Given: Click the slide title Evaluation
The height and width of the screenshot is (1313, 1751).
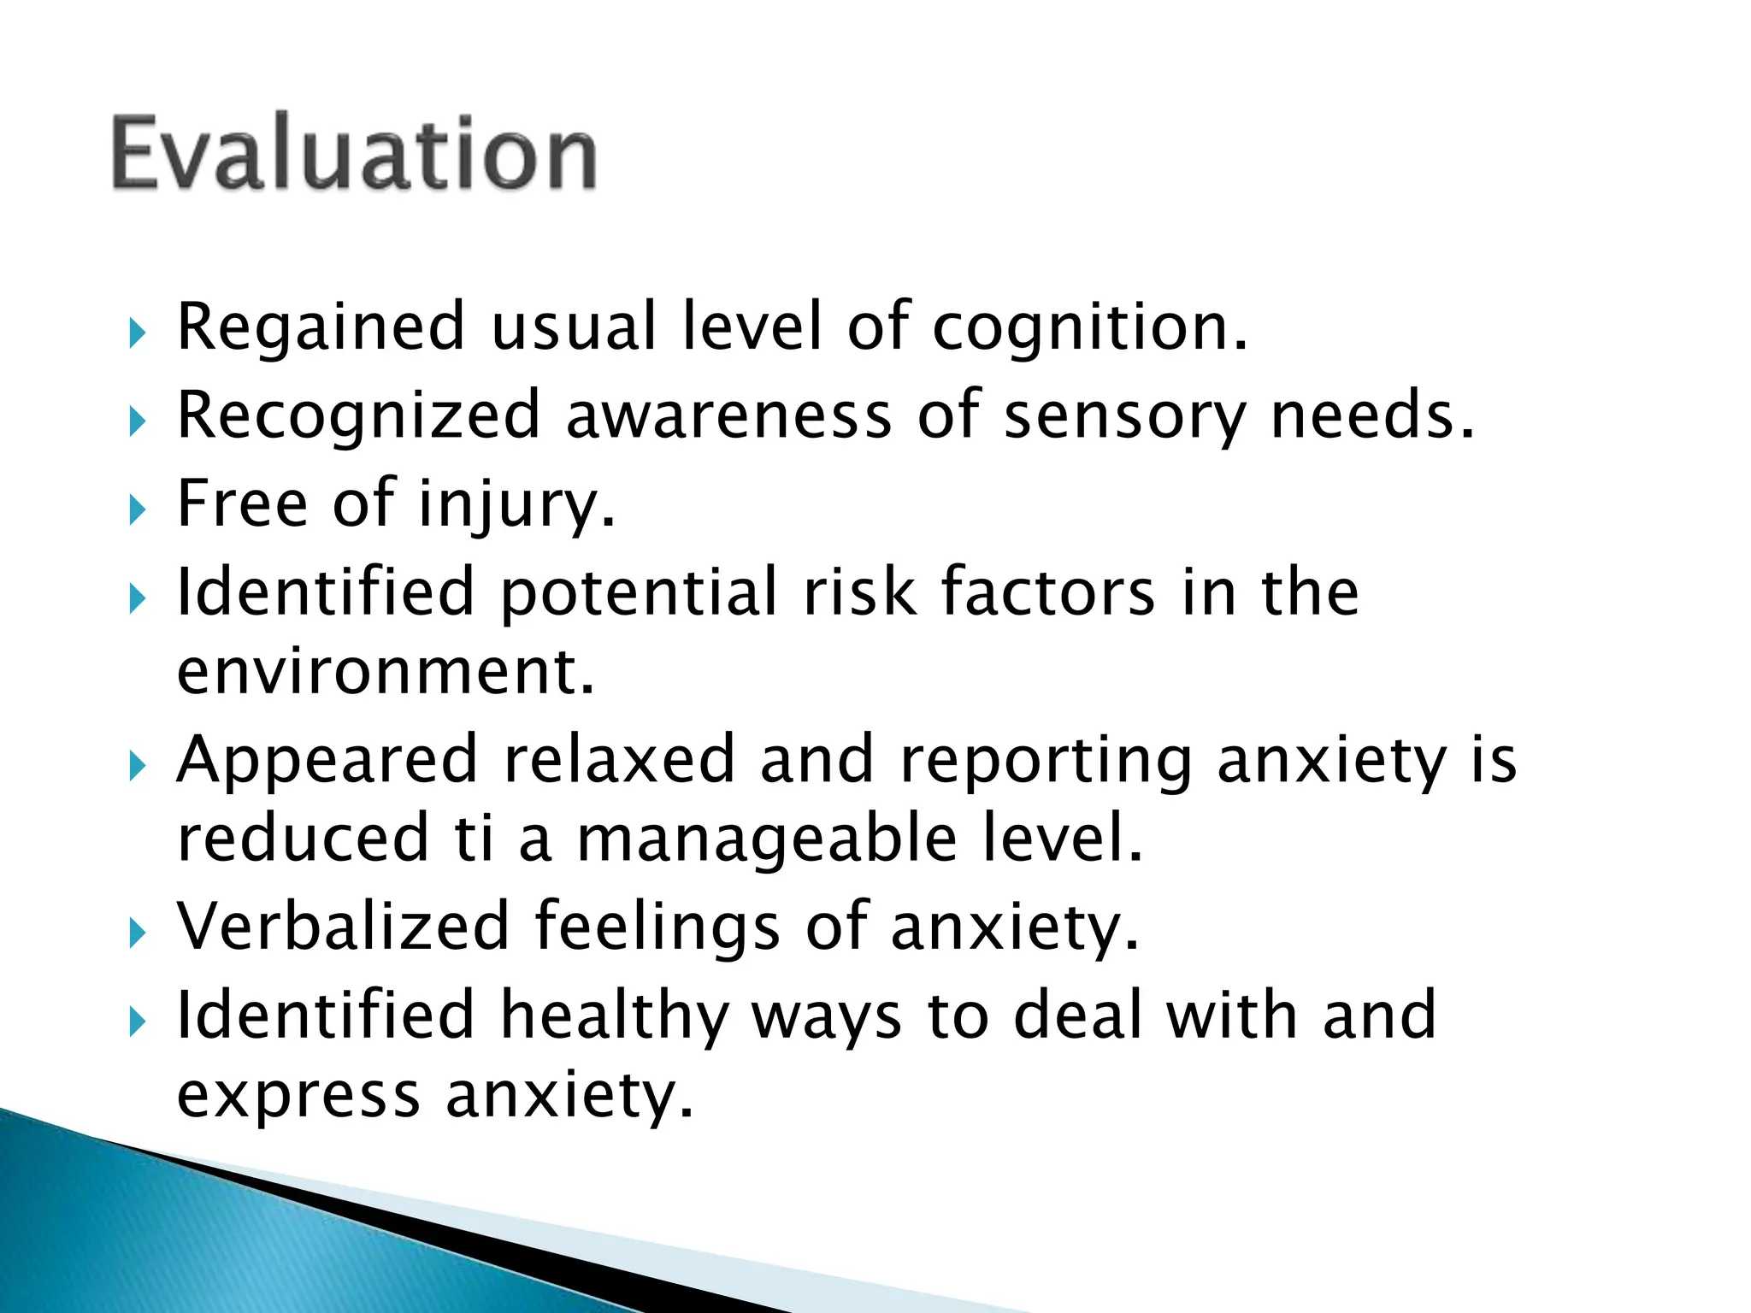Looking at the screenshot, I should [353, 154].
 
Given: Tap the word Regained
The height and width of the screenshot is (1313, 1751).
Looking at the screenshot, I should [321, 327].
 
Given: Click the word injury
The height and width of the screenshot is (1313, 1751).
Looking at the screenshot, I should [516, 504].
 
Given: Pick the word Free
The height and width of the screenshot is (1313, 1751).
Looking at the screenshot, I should [242, 503].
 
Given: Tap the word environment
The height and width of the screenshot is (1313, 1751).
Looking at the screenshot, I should [385, 672].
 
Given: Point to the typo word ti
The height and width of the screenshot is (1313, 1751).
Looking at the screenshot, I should [474, 839].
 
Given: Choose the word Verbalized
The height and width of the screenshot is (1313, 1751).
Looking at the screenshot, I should [343, 927].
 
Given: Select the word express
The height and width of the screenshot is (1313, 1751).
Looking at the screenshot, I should [298, 1097].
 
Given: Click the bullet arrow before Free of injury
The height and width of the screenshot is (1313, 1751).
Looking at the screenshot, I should [138, 510].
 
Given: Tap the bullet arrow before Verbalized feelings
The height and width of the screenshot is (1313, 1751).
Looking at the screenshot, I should [138, 933].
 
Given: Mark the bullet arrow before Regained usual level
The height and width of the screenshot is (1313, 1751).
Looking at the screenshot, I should [138, 333].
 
